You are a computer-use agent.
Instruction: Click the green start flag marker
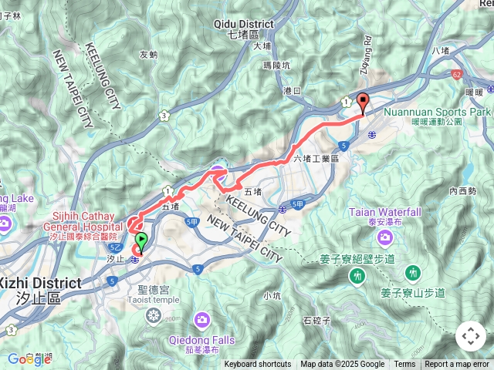[140, 241]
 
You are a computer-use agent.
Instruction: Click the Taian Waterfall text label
[384, 212]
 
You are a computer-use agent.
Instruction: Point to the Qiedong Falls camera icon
[201, 318]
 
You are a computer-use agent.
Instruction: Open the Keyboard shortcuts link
[257, 365]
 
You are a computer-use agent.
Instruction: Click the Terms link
[404, 365]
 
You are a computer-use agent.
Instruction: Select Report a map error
[457, 365]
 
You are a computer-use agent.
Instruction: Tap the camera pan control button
[470, 336]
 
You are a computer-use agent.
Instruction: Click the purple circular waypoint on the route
[218, 174]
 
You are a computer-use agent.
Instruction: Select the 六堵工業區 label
[316, 158]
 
